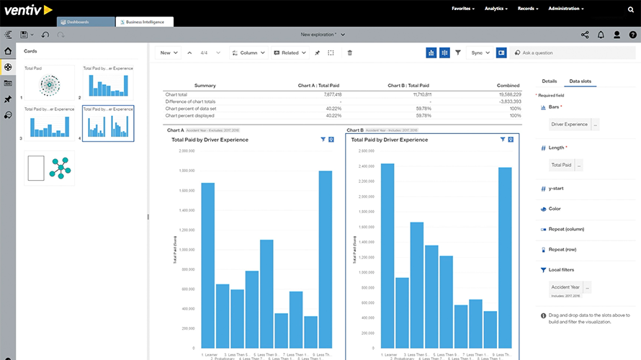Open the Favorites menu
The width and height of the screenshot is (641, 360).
coord(463,9)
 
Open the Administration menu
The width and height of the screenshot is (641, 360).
coord(565,9)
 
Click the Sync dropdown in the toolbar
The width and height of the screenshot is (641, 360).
coord(480,53)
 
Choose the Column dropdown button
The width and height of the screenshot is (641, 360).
coord(249,53)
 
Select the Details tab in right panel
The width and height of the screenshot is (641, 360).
coord(549,81)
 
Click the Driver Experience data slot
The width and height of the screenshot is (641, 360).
coord(569,125)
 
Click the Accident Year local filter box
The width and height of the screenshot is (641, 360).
coord(566,287)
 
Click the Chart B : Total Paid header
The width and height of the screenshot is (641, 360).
coord(408,85)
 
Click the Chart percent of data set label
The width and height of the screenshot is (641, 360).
coord(192,108)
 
